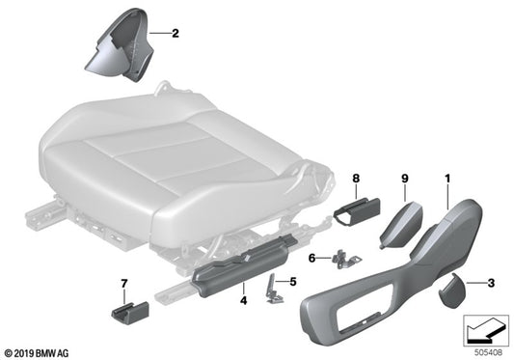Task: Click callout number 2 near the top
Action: [176, 34]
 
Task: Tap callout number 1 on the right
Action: [446, 177]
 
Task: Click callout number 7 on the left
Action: [123, 282]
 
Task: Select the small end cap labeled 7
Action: [123, 314]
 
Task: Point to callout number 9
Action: [405, 177]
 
